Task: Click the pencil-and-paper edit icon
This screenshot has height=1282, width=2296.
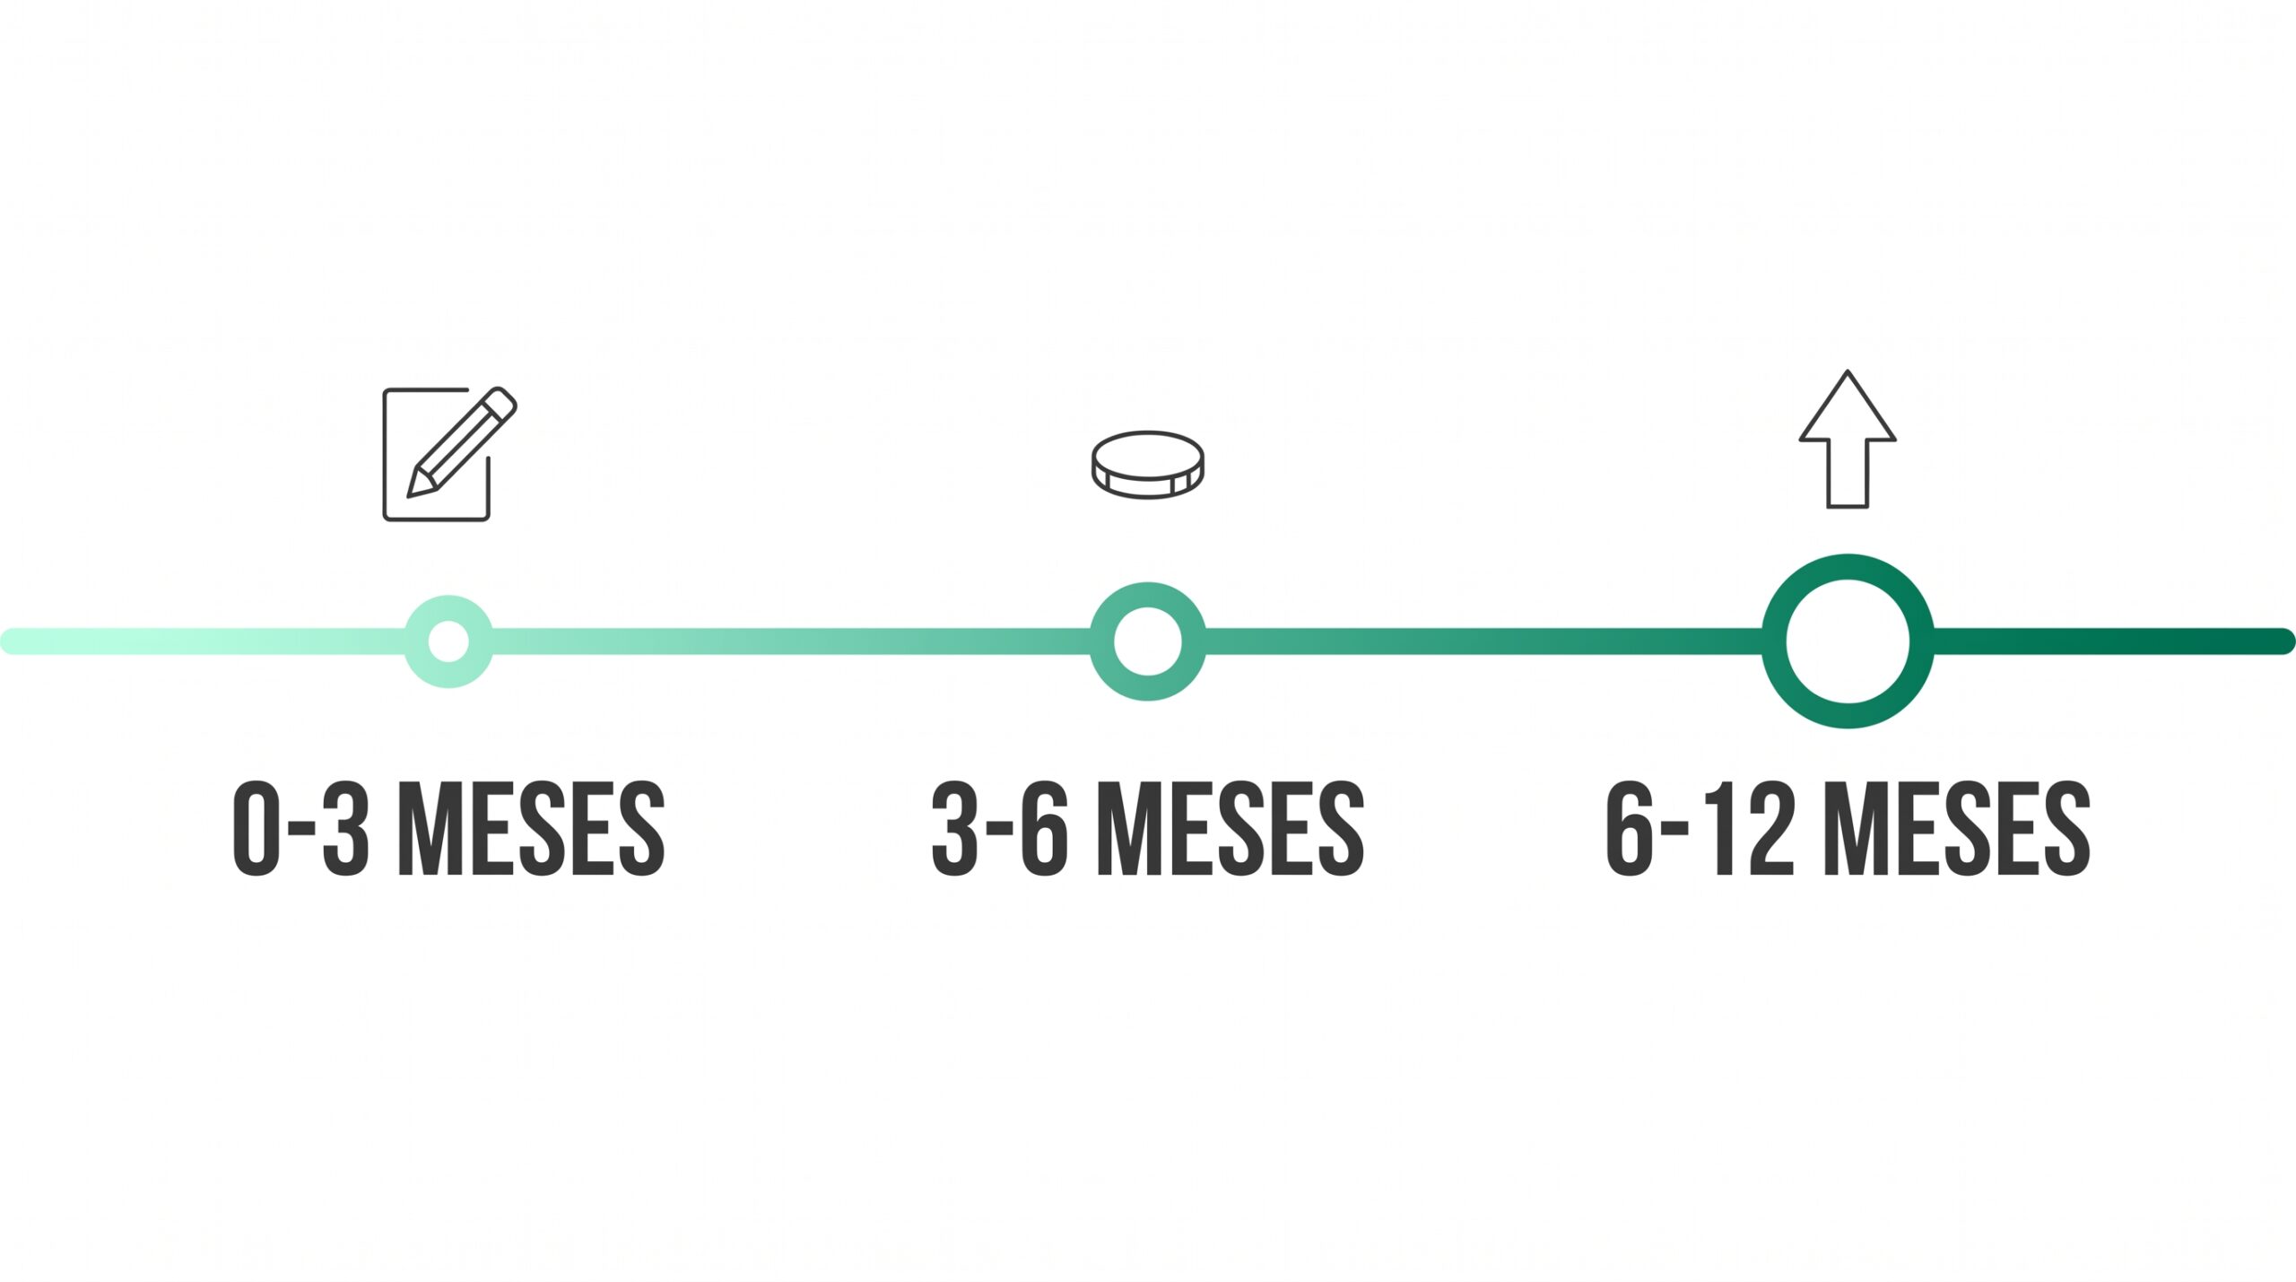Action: point(449,454)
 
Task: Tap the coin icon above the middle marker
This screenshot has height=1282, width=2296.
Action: point(1148,465)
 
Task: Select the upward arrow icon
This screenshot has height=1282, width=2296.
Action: point(1848,439)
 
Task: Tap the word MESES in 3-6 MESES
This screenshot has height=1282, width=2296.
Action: point(1231,828)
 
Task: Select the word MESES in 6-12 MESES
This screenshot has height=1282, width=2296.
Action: point(1958,828)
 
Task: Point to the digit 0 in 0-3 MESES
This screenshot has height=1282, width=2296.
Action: point(257,828)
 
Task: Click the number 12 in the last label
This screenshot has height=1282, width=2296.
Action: point(1749,828)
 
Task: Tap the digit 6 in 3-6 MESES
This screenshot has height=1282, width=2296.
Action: point(1045,828)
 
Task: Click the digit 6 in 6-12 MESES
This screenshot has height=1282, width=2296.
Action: point(1628,828)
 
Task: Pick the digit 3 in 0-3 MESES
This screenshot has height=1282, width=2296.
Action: point(345,828)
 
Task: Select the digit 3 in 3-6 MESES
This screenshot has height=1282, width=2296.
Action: point(955,828)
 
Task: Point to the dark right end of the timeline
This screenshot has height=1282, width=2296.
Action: point(2283,641)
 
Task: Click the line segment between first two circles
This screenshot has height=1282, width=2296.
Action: point(792,641)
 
